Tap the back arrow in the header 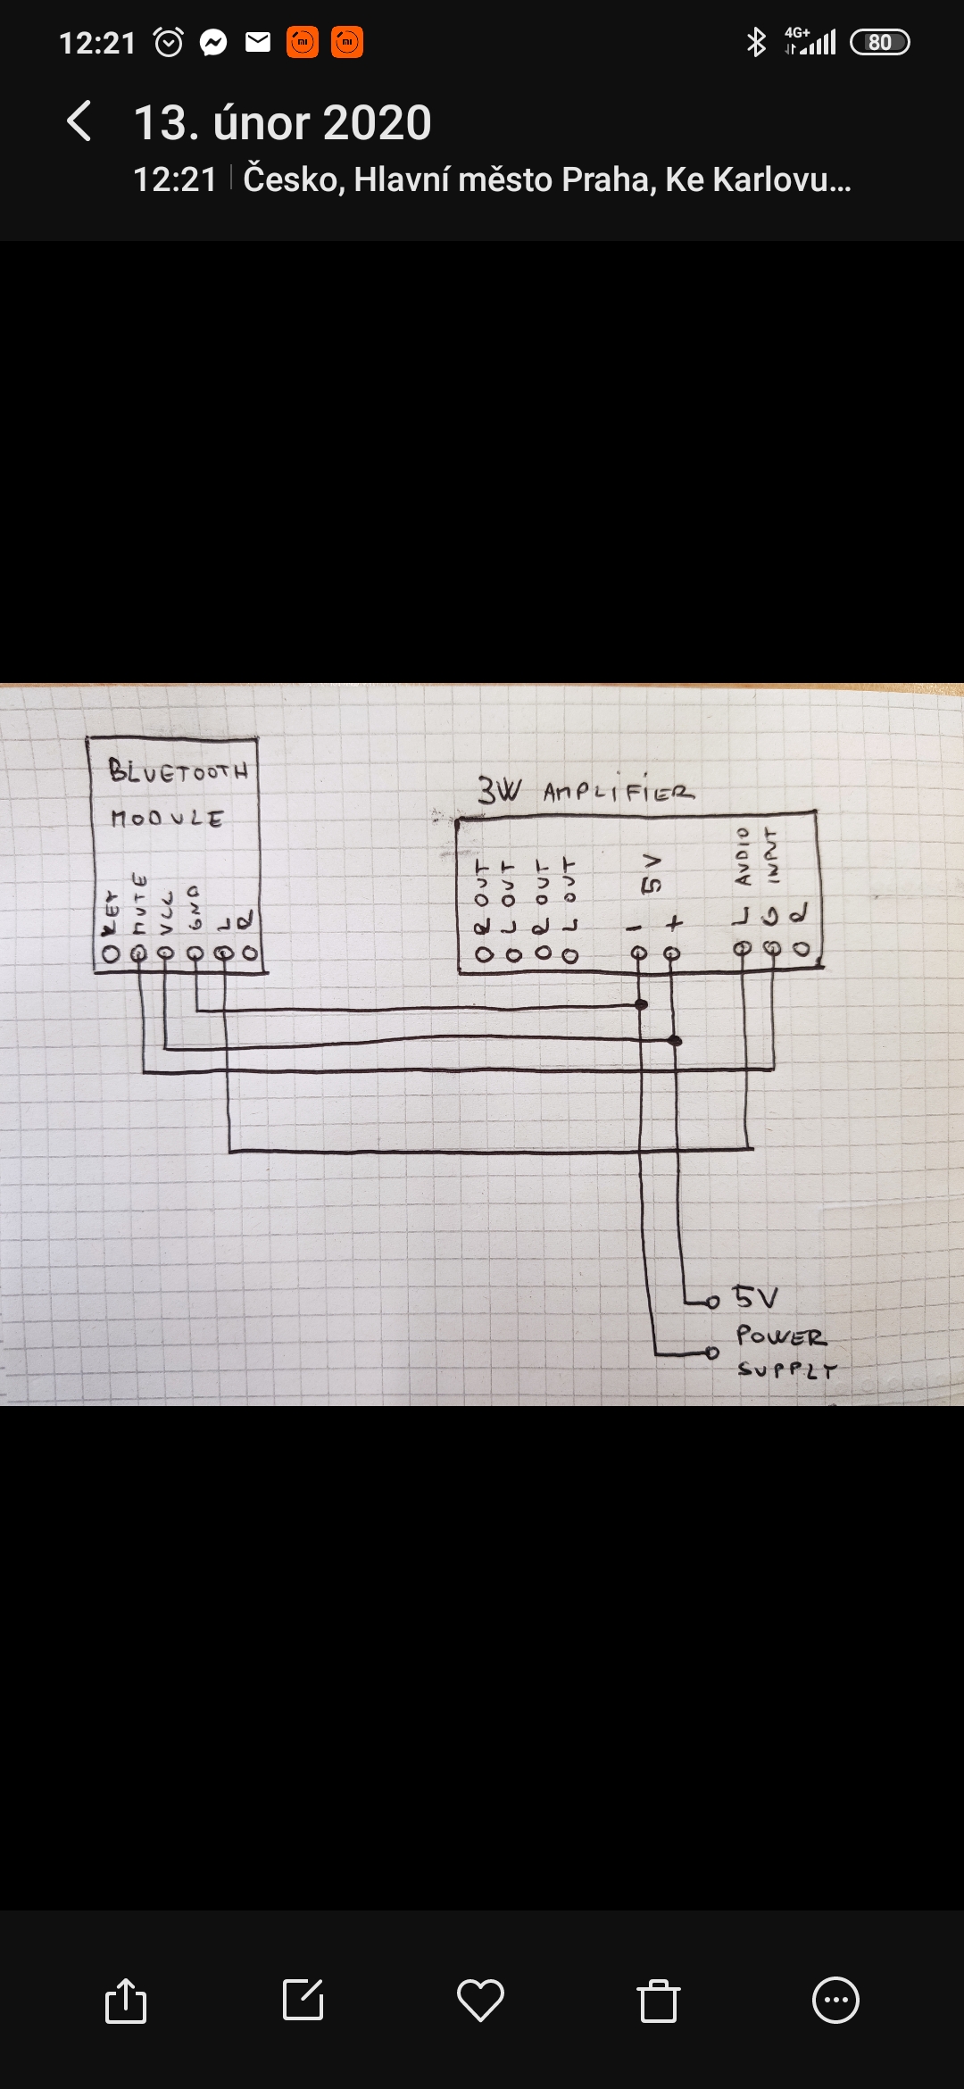(x=79, y=121)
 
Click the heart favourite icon (x=480, y=2000)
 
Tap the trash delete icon (x=659, y=2000)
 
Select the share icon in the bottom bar (x=126, y=2000)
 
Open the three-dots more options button (x=835, y=2000)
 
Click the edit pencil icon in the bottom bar (x=303, y=2000)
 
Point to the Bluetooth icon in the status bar (x=756, y=42)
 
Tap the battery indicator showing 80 (x=879, y=42)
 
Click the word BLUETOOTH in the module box (x=178, y=770)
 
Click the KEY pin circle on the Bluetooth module (x=111, y=954)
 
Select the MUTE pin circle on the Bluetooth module (x=138, y=954)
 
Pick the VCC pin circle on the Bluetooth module (x=166, y=953)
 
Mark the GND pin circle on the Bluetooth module (x=195, y=953)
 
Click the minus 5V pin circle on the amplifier (x=639, y=953)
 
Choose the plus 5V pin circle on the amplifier (x=672, y=953)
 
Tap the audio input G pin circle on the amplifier (x=773, y=949)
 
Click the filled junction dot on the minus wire (x=641, y=1005)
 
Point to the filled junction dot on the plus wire (x=675, y=1041)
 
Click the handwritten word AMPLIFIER (x=618, y=792)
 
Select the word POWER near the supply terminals (x=781, y=1336)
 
